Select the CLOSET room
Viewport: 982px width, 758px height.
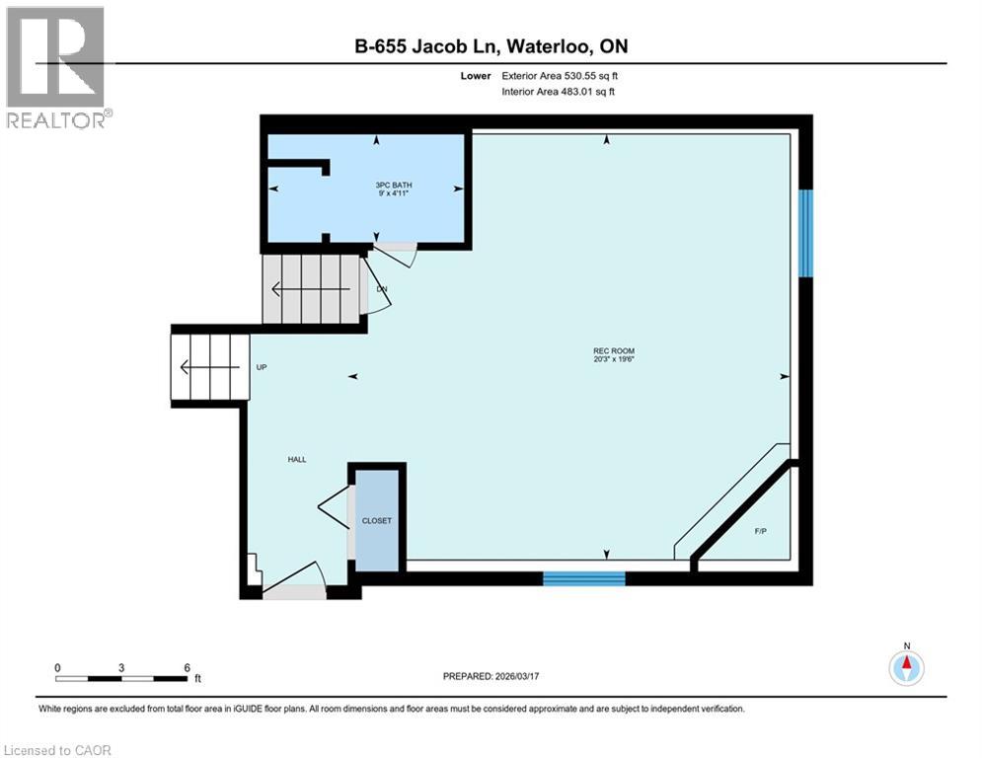click(376, 521)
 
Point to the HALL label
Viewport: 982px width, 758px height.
click(297, 459)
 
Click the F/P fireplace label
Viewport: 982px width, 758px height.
click(760, 531)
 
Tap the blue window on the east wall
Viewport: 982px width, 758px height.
click(806, 233)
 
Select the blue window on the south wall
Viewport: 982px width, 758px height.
click(584, 578)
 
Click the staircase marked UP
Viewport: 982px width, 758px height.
click(208, 367)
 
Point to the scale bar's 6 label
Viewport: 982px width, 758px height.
click(187, 667)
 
